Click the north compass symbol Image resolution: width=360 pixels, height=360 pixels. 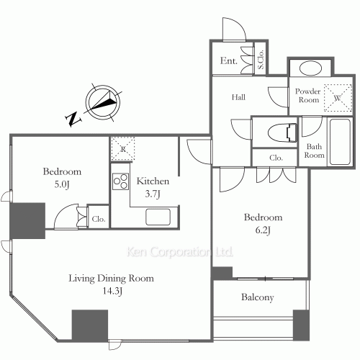(103, 102)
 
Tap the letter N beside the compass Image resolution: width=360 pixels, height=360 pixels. (73, 119)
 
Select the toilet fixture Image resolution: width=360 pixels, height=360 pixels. (282, 132)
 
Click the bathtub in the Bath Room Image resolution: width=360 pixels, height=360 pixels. (340, 142)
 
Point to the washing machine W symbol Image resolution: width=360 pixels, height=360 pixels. (338, 98)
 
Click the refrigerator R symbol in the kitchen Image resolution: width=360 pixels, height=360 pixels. (123, 149)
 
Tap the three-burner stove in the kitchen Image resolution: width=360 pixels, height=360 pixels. (120, 181)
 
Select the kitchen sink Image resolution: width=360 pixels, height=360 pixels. (158, 217)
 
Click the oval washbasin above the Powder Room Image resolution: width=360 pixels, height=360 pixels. (310, 68)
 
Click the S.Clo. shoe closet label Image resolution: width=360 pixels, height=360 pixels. (261, 59)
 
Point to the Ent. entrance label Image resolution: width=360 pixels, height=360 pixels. (229, 60)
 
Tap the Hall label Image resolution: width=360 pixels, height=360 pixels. (238, 97)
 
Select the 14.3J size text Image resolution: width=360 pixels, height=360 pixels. (112, 291)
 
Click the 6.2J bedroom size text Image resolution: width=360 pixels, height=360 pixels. (263, 230)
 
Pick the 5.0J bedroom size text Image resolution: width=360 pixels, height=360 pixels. (62, 184)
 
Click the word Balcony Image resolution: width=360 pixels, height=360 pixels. (258, 297)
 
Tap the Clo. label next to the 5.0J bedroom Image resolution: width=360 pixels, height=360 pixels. (99, 219)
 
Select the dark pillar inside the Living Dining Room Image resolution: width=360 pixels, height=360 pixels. (90, 325)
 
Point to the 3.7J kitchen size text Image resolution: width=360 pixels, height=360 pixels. (153, 194)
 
